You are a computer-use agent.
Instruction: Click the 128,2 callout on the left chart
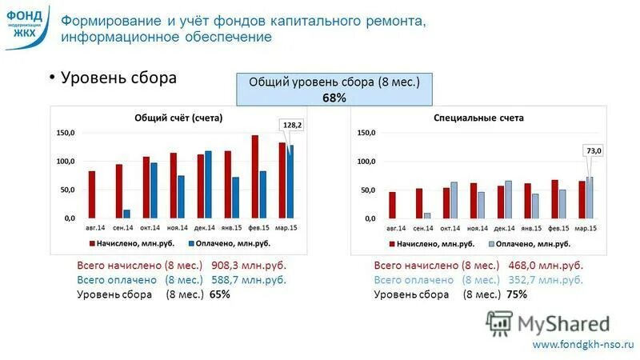[x=290, y=126]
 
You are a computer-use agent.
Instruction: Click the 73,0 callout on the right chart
[x=594, y=150]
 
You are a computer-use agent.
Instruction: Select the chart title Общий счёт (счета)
[x=178, y=118]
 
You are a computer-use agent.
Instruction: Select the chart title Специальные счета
[x=478, y=118]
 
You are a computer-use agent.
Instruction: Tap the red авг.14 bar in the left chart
[x=92, y=194]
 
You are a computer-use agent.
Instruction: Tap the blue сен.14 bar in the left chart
[x=126, y=214]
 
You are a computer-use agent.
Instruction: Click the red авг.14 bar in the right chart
[x=392, y=205]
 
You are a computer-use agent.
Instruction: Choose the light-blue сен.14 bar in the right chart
[x=427, y=215]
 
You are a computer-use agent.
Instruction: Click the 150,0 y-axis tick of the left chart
[x=65, y=133]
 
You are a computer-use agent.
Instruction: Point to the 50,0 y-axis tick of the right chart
[x=365, y=190]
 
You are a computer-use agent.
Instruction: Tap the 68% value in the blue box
[x=334, y=98]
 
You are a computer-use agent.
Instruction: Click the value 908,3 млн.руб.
[x=248, y=266]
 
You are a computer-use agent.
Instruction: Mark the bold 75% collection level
[x=517, y=294]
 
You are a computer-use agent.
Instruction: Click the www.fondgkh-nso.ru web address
[x=582, y=344]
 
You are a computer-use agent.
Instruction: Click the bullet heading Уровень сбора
[x=118, y=79]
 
